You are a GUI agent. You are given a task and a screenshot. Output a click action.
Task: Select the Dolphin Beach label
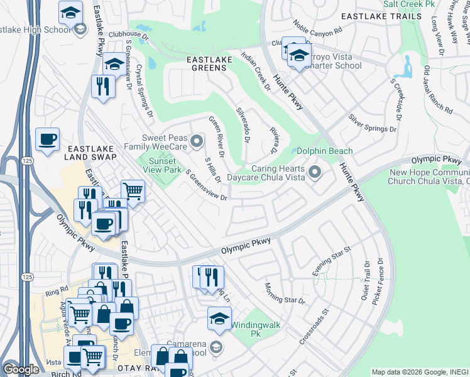click(324, 151)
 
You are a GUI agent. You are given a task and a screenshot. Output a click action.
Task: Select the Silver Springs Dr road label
click(373, 123)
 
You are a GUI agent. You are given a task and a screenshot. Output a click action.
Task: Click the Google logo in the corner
click(21, 369)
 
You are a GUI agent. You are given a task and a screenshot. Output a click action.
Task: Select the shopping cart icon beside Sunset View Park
click(133, 190)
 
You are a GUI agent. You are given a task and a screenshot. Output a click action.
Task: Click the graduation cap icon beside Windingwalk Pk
click(219, 318)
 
